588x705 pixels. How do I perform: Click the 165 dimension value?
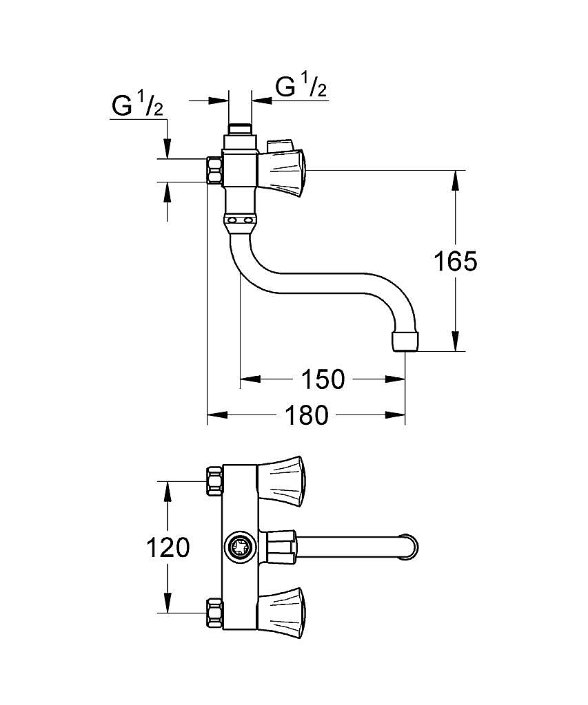pos(456,262)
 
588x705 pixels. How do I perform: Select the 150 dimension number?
pos(323,379)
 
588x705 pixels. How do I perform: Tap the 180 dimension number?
pos(307,415)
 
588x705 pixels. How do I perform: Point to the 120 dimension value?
pos(168,548)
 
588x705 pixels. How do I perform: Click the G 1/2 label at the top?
pos(301,87)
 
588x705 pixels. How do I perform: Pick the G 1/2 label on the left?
pos(137,107)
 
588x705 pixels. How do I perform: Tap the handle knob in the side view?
pos(283,172)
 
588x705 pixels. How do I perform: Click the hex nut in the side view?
pos(215,170)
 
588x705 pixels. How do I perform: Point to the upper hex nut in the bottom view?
pos(214,480)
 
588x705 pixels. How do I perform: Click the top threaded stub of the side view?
pos(241,129)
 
